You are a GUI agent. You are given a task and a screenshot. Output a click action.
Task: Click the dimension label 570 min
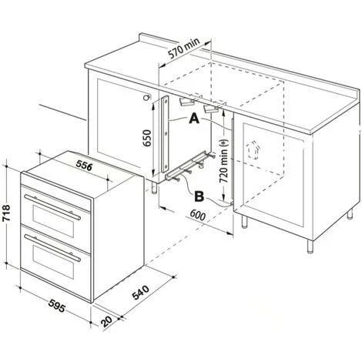tap(183, 54)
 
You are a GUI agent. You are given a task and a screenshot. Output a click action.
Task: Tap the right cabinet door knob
tap(251, 146)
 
